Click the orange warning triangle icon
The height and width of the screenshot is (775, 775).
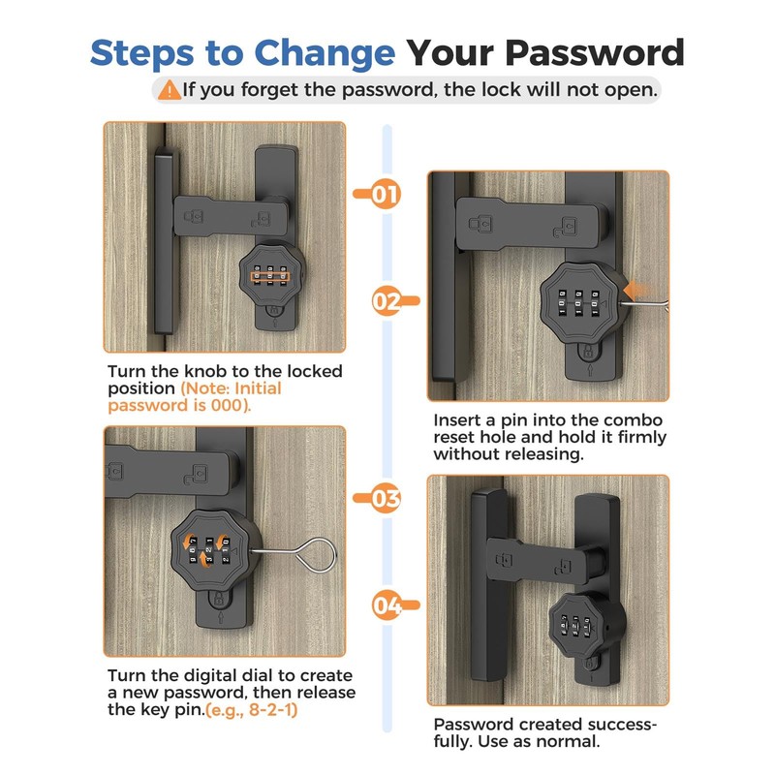point(169,90)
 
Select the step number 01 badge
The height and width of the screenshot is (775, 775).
point(385,194)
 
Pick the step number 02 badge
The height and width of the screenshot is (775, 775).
point(387,301)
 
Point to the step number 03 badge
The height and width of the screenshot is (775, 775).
point(385,498)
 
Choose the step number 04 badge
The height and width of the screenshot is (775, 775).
point(387,604)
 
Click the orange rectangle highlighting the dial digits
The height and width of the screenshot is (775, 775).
point(270,276)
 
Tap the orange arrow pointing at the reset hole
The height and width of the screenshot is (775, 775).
point(636,290)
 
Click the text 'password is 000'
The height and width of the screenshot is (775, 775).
point(178,405)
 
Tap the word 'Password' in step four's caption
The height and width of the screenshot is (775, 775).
point(474,725)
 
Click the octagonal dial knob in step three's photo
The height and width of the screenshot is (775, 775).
point(216,551)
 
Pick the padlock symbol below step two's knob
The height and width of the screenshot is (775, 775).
point(588,352)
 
